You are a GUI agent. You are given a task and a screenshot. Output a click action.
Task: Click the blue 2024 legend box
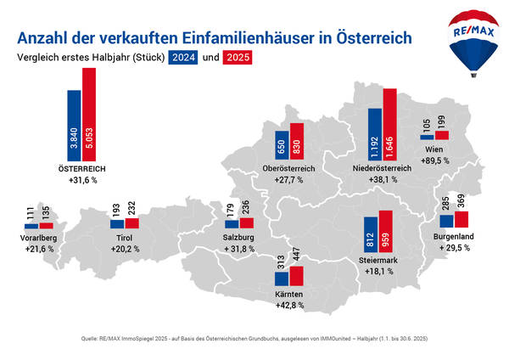182,59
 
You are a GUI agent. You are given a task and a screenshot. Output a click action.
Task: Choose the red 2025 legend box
239,59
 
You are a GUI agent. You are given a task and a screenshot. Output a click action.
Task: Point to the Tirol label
124,239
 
